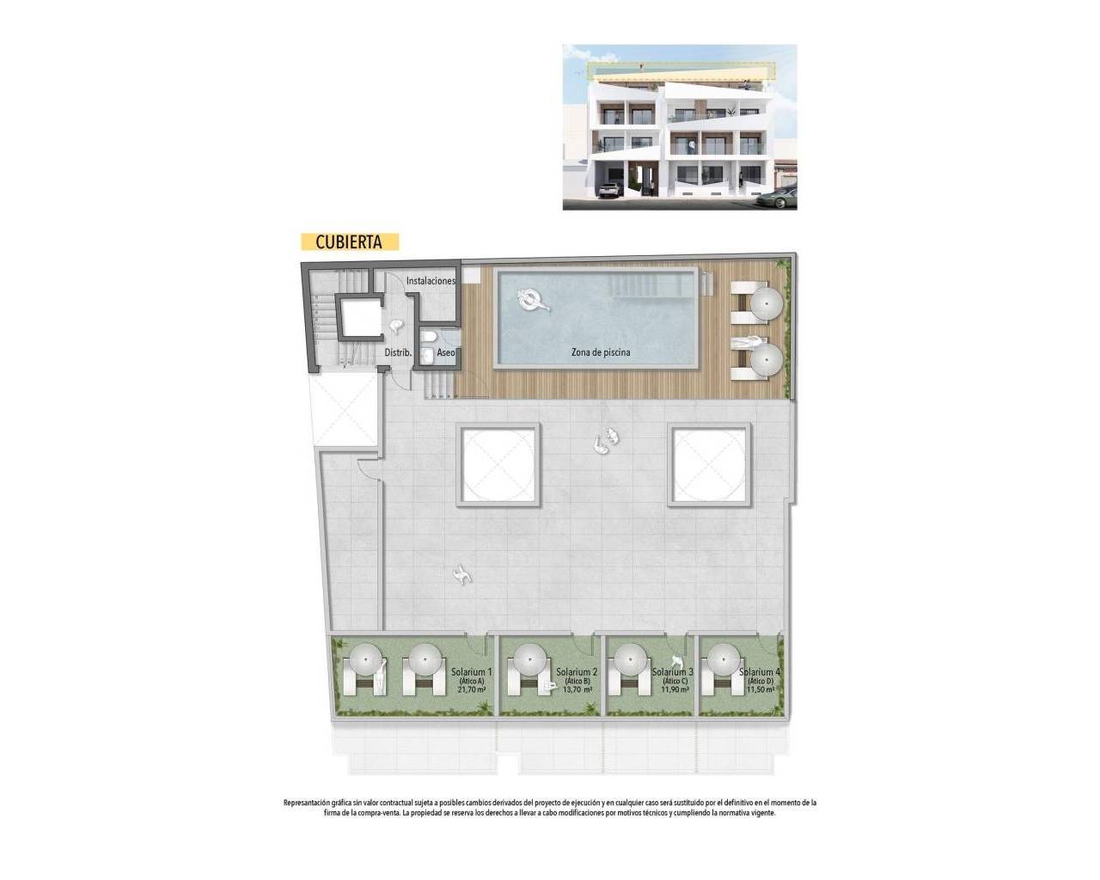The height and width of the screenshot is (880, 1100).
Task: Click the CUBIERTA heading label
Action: [x=349, y=242]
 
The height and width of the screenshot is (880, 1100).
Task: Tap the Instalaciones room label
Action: [x=431, y=281]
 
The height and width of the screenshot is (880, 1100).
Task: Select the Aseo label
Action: [x=446, y=353]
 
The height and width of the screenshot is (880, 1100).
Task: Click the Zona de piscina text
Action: [x=601, y=352]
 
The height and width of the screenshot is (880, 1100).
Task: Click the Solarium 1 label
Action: [x=471, y=672]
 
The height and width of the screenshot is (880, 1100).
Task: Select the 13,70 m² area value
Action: [x=576, y=689]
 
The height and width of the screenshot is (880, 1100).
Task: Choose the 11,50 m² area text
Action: [x=761, y=689]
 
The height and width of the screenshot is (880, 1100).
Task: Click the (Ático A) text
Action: [x=471, y=681]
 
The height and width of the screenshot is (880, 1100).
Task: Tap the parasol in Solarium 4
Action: [x=719, y=663]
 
